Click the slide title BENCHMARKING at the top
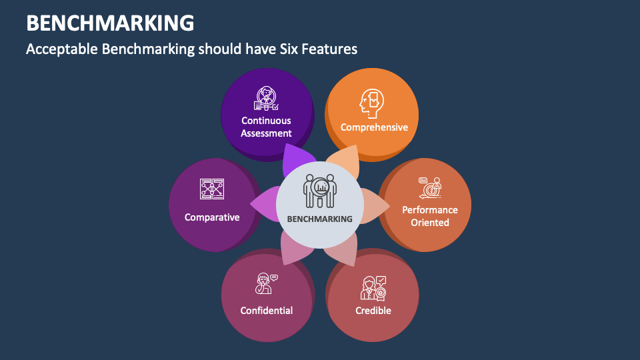pyautogui.click(x=111, y=23)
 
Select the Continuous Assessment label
pyautogui.click(x=266, y=127)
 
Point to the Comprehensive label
pyautogui.click(x=374, y=127)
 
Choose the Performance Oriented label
pyautogui.click(x=429, y=216)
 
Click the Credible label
pyautogui.click(x=373, y=311)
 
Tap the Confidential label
pyautogui.click(x=266, y=311)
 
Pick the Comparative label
pyautogui.click(x=212, y=217)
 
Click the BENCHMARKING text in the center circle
pyautogui.click(x=319, y=219)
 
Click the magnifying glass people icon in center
pyautogui.click(x=320, y=191)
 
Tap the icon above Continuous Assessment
pyautogui.click(x=266, y=99)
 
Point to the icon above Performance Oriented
pyautogui.click(x=430, y=188)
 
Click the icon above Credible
pyautogui.click(x=373, y=287)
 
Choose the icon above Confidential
pyautogui.click(x=266, y=283)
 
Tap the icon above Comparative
pyautogui.click(x=212, y=189)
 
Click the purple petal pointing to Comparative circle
pyautogui.click(x=264, y=204)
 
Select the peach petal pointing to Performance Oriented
pyautogui.click(x=374, y=207)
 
